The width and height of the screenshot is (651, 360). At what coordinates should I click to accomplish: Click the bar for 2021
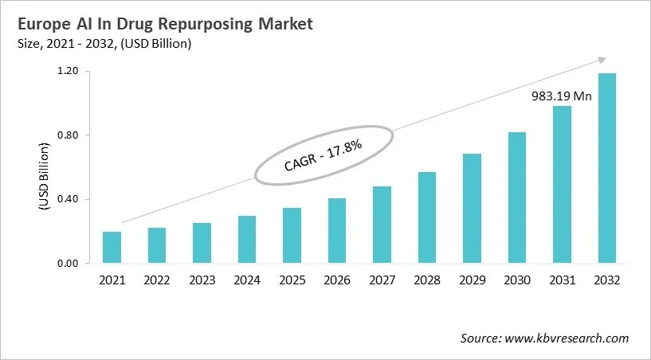point(112,248)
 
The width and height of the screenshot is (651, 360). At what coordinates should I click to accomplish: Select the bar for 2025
point(292,236)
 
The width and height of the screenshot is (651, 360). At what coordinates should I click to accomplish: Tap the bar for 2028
point(426,217)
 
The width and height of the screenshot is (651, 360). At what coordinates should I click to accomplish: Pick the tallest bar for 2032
point(606,168)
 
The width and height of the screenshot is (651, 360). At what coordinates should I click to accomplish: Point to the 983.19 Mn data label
point(561,96)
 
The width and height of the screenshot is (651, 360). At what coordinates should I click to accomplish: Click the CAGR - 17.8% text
point(324,154)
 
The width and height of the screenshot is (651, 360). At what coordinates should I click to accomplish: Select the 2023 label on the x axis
point(202,280)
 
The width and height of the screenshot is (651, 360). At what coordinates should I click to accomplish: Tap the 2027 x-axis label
point(382,280)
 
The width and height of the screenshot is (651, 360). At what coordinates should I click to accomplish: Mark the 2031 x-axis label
point(561,280)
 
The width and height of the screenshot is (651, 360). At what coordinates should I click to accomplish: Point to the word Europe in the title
point(40,24)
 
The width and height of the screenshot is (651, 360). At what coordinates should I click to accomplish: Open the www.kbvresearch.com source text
point(567,338)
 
